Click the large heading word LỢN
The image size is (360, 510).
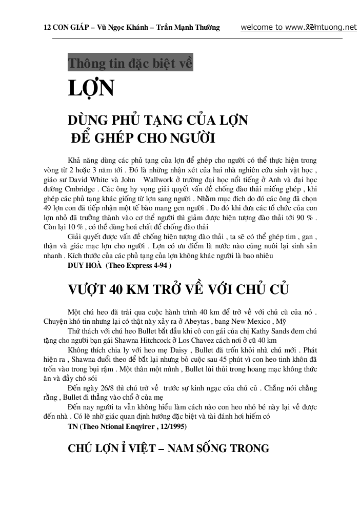(x=91, y=89)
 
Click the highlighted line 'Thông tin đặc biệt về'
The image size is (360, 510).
(x=130, y=64)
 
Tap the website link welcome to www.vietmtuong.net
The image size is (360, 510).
(x=298, y=27)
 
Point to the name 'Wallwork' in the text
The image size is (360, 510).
(x=162, y=180)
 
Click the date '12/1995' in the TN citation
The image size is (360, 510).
(x=169, y=426)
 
